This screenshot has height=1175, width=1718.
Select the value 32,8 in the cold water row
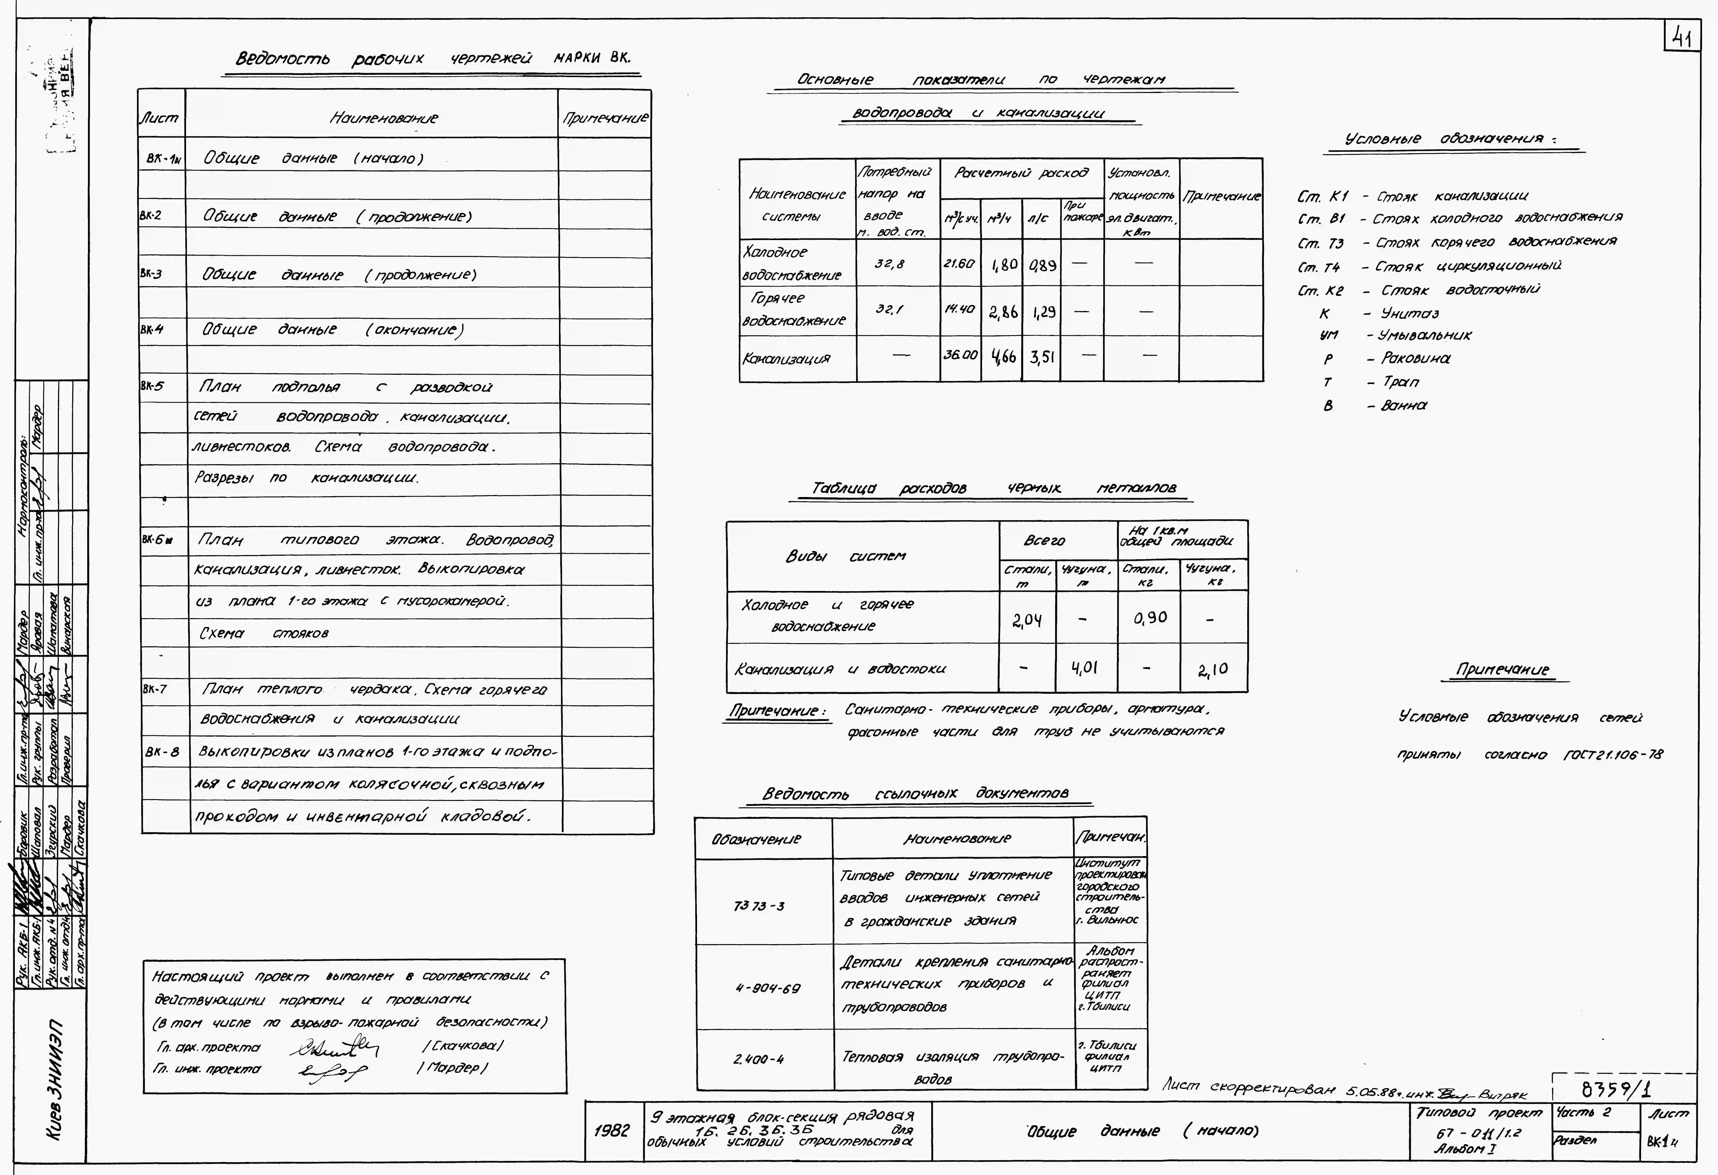889,264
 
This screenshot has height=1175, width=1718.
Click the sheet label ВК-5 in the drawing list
152,386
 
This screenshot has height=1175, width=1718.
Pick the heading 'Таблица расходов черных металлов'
994,488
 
